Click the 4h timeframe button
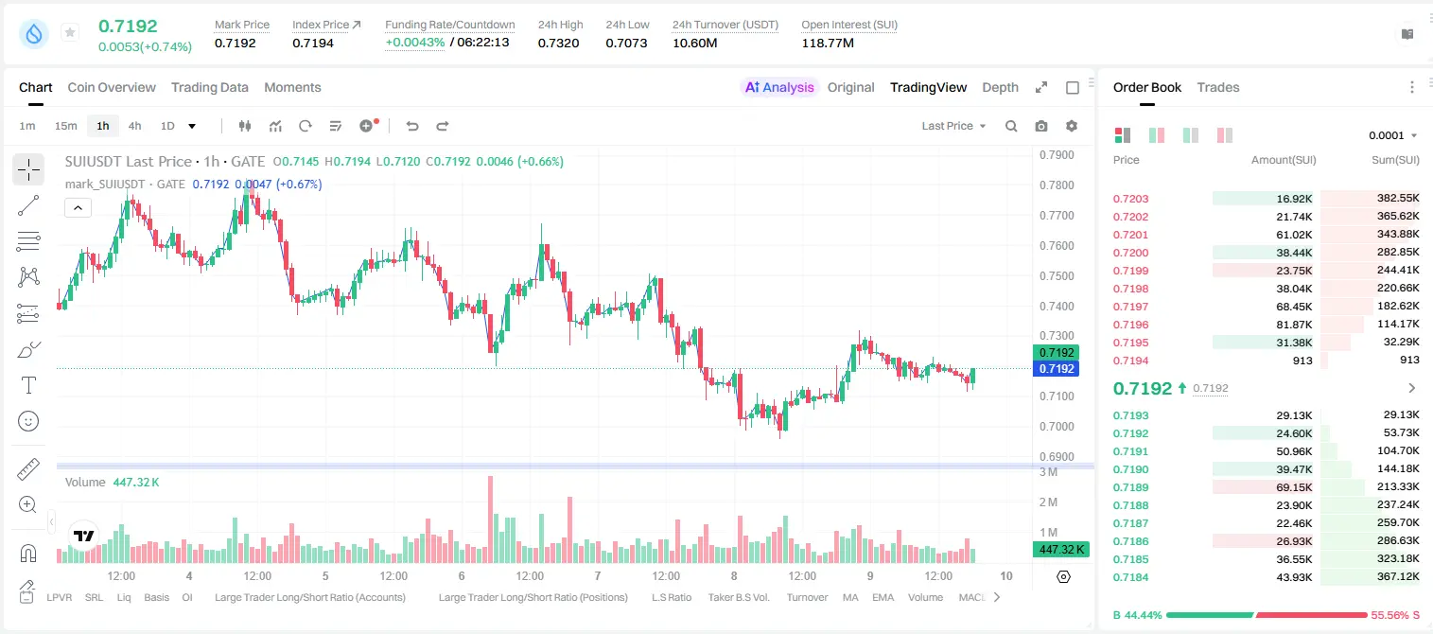click(x=134, y=126)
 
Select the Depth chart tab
click(x=1000, y=87)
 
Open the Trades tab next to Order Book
click(x=1218, y=87)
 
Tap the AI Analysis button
click(x=779, y=87)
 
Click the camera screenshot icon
click(x=1041, y=126)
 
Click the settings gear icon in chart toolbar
click(x=1072, y=126)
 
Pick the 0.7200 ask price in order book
click(x=1130, y=253)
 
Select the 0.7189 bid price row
click(x=1130, y=487)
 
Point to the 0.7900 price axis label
click(x=1057, y=155)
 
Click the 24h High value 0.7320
click(x=558, y=43)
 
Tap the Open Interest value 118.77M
click(x=828, y=43)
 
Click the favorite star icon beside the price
click(x=70, y=32)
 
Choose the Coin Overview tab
click(x=112, y=87)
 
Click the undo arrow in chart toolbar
click(x=412, y=126)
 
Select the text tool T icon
click(x=28, y=385)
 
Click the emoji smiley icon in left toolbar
click(x=28, y=421)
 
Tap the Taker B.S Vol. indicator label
click(x=738, y=597)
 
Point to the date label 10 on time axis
click(x=1006, y=575)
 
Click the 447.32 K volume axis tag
click(x=1060, y=550)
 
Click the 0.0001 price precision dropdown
click(x=1392, y=135)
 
